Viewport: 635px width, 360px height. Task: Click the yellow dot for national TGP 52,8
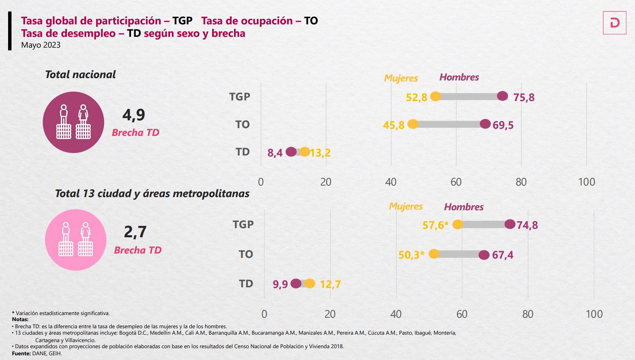click(x=436, y=96)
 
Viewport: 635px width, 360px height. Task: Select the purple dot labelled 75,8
click(x=503, y=96)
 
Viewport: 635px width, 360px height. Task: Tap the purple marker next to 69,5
click(x=485, y=124)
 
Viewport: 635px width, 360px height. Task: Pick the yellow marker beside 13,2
click(x=305, y=152)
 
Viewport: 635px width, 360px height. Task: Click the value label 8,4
click(x=275, y=153)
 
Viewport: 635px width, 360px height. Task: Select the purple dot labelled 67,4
click(x=484, y=255)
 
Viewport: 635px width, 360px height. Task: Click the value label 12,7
click(x=330, y=284)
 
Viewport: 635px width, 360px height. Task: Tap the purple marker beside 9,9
click(x=296, y=284)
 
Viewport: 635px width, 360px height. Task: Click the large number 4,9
click(x=133, y=115)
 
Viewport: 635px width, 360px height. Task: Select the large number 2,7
click(x=135, y=232)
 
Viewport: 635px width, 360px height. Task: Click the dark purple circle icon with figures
click(x=73, y=122)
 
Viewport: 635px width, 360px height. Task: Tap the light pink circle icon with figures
click(x=75, y=240)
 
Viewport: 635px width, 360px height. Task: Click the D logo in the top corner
click(x=614, y=23)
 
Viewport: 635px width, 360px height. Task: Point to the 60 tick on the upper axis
click(x=456, y=182)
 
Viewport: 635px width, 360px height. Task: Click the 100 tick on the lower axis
click(x=594, y=314)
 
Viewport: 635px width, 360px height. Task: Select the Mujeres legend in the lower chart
click(x=406, y=206)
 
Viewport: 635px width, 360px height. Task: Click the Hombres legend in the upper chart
click(x=459, y=77)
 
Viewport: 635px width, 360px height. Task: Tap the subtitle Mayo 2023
click(x=41, y=45)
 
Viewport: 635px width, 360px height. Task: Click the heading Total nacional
click(x=80, y=75)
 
